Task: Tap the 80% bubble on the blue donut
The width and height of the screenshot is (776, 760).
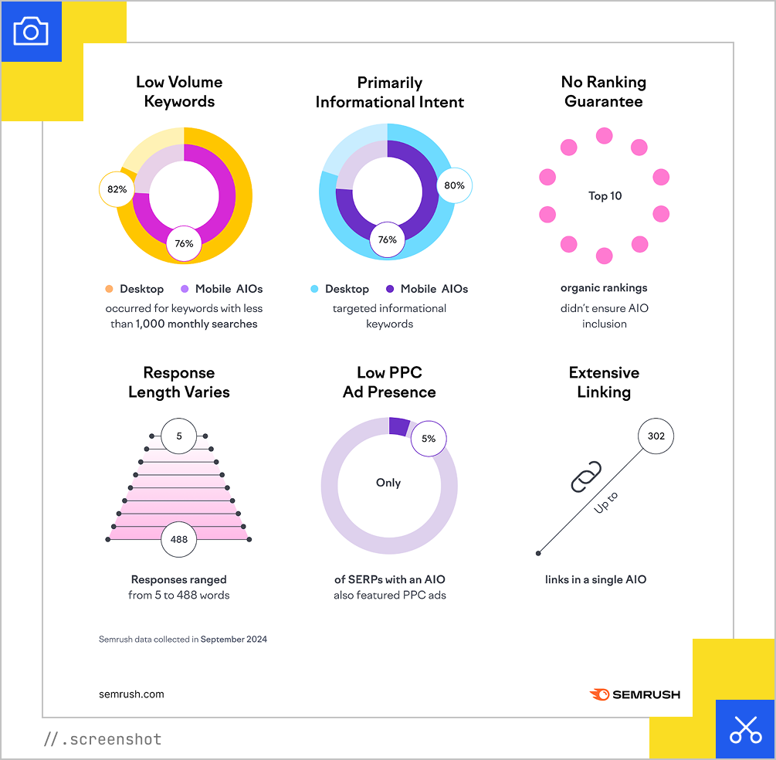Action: (x=454, y=185)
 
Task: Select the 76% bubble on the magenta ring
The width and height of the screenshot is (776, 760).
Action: (x=184, y=243)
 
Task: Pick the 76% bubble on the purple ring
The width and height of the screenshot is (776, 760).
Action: (x=388, y=240)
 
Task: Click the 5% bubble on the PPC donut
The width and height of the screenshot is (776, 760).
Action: (x=429, y=439)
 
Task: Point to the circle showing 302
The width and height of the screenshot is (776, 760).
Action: (x=656, y=436)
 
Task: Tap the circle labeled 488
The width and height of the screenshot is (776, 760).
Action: (x=178, y=539)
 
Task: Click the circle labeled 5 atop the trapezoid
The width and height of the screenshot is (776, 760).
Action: (x=179, y=436)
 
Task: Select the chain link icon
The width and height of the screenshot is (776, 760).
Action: (x=586, y=476)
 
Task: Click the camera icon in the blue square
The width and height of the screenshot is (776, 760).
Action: (x=31, y=31)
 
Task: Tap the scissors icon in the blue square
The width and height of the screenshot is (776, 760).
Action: (x=745, y=729)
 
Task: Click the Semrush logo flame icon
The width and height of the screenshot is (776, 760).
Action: (x=599, y=694)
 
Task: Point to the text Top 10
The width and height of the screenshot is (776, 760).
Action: (x=605, y=196)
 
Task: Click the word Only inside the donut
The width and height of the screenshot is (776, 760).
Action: (x=388, y=483)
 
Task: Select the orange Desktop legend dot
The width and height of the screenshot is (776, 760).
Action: (x=110, y=289)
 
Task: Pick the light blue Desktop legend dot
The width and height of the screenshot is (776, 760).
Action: (x=314, y=289)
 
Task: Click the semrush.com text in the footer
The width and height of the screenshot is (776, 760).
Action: (x=131, y=694)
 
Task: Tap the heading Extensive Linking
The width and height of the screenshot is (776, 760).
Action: (x=604, y=382)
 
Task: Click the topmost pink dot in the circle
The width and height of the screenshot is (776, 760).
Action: (x=604, y=136)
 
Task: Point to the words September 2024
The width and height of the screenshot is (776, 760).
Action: (x=234, y=640)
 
